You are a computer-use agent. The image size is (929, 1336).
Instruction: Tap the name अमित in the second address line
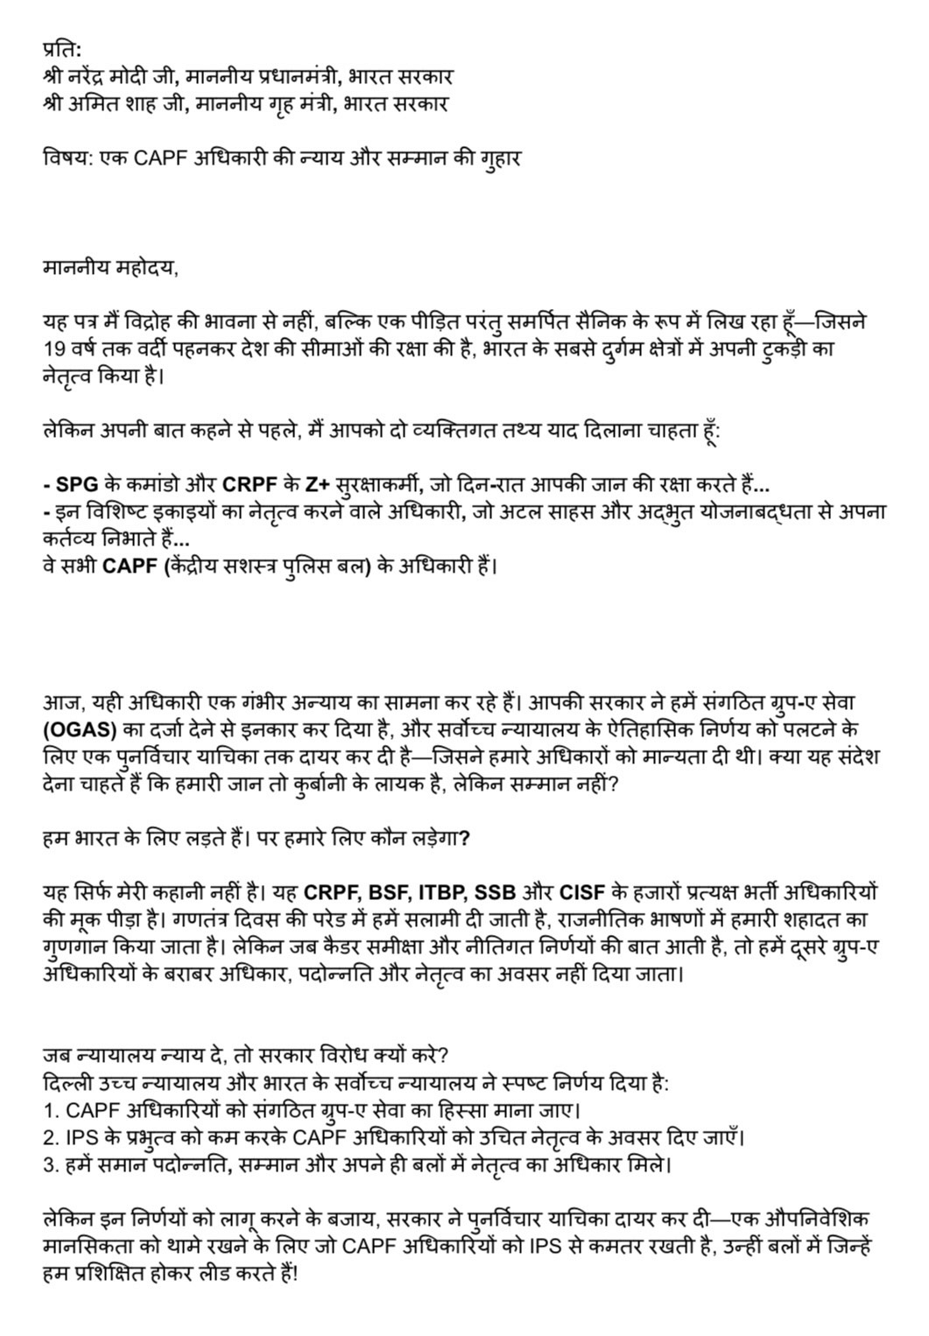point(99,104)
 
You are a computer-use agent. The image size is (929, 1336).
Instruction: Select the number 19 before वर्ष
point(54,349)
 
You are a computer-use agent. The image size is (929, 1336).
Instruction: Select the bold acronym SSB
point(495,894)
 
